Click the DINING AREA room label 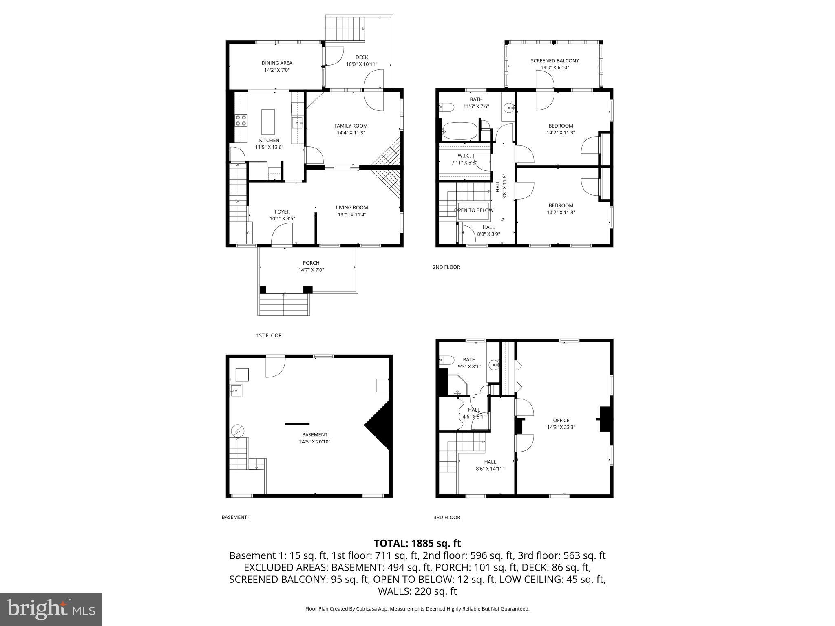(x=277, y=63)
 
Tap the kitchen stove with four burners (x=241, y=120)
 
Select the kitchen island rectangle (x=268, y=121)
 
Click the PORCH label (x=311, y=263)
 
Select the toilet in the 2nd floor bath (x=447, y=107)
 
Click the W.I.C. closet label (x=464, y=156)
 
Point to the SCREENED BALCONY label (x=554, y=61)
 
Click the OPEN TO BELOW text (x=473, y=210)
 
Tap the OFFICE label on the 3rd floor (x=561, y=420)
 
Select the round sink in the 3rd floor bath (x=495, y=364)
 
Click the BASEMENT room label (x=314, y=434)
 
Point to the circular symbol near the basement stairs (x=237, y=430)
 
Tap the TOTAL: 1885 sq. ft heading (x=417, y=543)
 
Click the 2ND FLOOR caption (x=446, y=267)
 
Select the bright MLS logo (x=51, y=609)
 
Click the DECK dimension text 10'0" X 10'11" (x=362, y=64)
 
